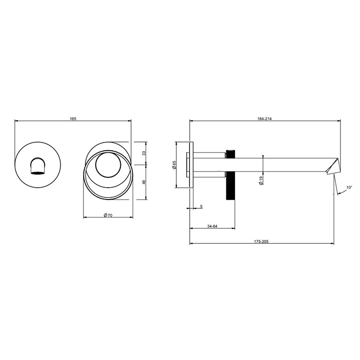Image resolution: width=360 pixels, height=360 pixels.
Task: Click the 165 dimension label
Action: (73, 119)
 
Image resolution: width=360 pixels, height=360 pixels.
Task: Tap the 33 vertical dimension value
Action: (144, 153)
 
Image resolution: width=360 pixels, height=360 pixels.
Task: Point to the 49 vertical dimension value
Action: (144, 182)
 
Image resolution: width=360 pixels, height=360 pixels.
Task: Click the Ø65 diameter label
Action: (174, 165)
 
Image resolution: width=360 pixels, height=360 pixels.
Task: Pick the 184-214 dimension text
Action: (265, 119)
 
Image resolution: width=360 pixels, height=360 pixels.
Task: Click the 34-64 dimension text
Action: (212, 226)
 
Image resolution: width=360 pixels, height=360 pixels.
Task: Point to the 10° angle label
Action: (349, 188)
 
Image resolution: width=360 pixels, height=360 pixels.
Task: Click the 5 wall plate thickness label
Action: (201, 207)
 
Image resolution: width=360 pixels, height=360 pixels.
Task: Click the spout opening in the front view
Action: (38, 167)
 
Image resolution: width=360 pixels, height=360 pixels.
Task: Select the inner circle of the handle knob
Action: (107, 165)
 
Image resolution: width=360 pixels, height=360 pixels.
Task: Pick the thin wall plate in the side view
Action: (191, 165)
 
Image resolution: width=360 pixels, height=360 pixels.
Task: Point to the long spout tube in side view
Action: (283, 164)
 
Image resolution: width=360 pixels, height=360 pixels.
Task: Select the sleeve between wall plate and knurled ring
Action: (210, 164)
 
